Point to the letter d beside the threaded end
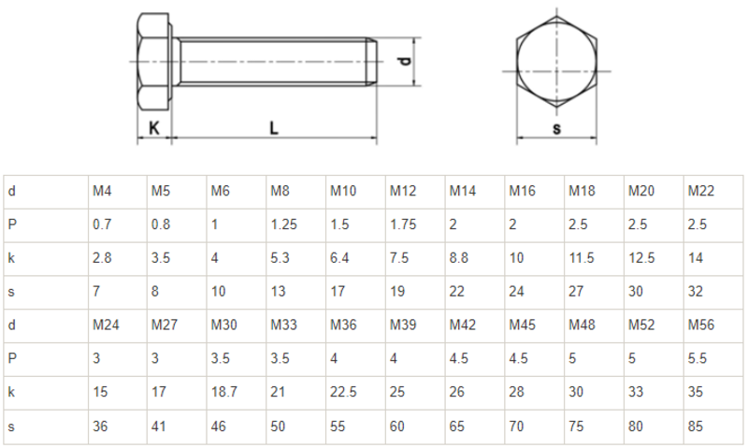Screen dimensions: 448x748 404,62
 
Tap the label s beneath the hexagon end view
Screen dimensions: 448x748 556,129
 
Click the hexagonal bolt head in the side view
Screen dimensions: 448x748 155,61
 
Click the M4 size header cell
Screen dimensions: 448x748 102,191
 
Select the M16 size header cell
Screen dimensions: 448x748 522,191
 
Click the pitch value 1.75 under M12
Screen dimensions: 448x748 403,224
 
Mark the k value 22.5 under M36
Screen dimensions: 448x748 343,392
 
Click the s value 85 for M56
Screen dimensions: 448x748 695,426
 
